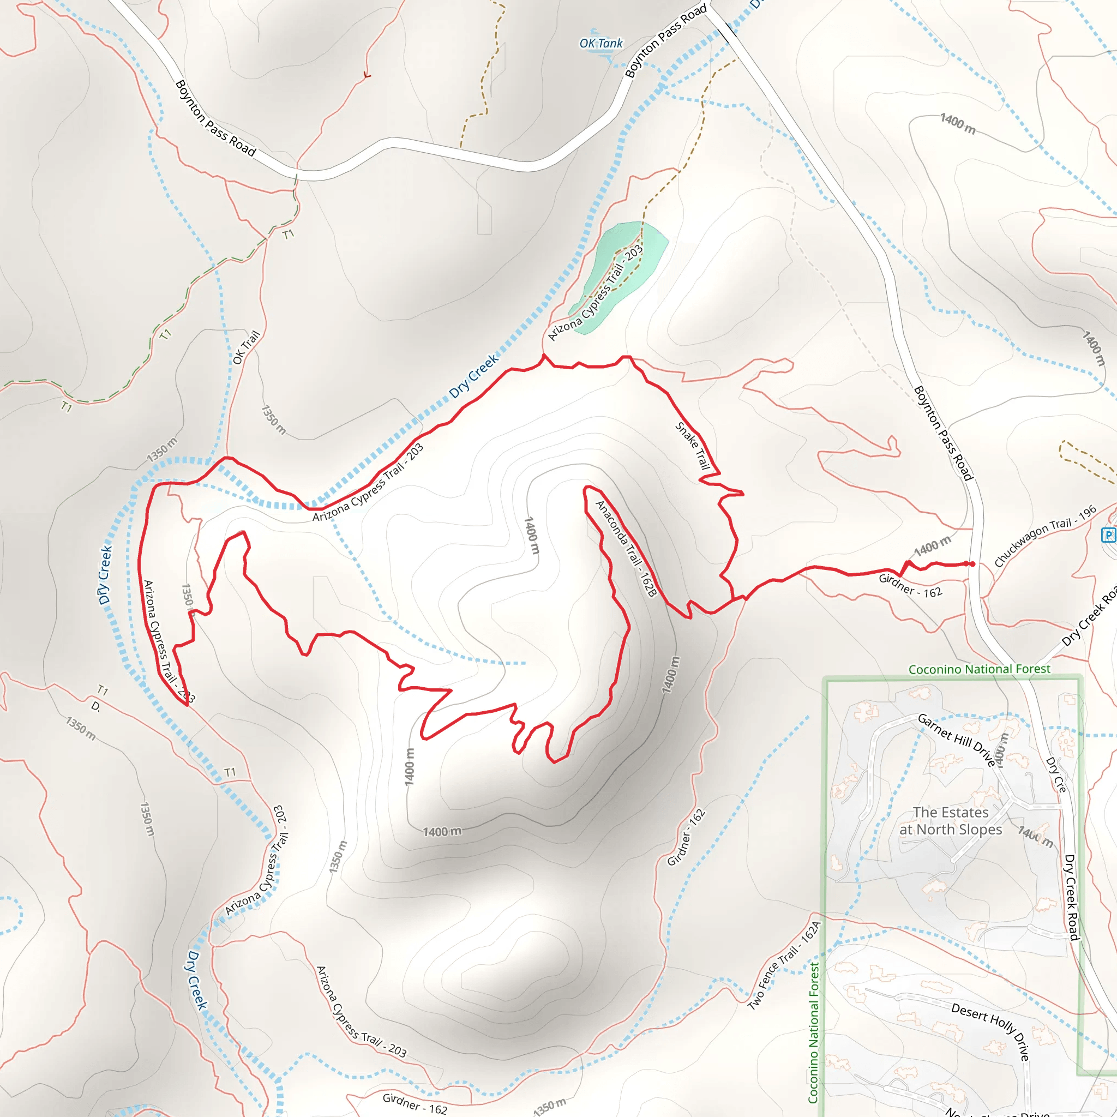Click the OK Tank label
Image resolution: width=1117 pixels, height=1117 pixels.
click(600, 44)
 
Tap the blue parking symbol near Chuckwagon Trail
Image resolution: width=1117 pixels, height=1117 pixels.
click(1108, 535)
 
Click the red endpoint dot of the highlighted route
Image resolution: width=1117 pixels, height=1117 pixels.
click(972, 564)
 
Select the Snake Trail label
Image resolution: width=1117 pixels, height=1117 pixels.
click(693, 445)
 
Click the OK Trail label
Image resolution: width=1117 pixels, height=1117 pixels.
click(246, 347)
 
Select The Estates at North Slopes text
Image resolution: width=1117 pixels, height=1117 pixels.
click(951, 821)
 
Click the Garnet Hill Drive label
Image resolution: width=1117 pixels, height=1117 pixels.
click(956, 740)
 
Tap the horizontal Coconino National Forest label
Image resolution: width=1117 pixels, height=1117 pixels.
click(980, 669)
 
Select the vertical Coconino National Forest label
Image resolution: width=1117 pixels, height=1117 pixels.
click(813, 1032)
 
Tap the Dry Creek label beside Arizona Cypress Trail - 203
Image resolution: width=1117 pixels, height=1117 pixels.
click(473, 376)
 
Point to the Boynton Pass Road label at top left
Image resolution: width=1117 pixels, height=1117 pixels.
click(215, 118)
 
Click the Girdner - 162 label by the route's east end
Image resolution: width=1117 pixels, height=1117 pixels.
click(910, 585)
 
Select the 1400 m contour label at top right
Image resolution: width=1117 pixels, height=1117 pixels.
click(957, 124)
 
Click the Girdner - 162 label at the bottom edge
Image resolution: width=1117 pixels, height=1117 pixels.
click(415, 1103)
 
